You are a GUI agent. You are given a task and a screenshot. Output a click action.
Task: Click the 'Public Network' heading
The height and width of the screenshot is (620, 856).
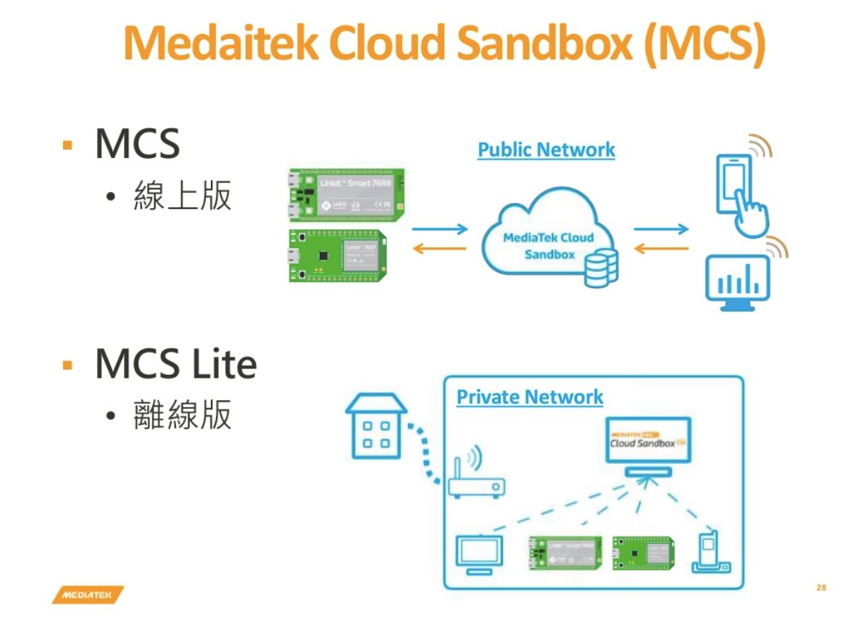pos(546,150)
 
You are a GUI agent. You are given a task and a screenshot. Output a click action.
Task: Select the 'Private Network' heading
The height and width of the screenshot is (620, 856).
pos(529,397)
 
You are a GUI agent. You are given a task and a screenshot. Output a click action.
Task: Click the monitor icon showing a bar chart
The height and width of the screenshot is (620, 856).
pos(738,284)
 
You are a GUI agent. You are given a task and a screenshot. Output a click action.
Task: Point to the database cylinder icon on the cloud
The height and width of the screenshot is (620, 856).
pos(601,266)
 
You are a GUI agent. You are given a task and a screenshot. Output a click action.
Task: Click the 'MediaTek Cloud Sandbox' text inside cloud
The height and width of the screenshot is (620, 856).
pos(549,246)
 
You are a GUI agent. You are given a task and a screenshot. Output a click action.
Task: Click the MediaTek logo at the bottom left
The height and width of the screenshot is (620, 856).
pos(87,595)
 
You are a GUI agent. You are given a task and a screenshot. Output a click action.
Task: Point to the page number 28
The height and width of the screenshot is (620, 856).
pos(820,587)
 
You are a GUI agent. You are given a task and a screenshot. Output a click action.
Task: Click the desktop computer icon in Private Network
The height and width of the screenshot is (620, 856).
pos(477,555)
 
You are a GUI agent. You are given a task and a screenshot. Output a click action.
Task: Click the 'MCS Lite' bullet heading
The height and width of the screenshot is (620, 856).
pos(175,364)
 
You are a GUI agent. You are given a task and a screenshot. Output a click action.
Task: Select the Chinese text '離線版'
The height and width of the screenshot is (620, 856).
pos(182,416)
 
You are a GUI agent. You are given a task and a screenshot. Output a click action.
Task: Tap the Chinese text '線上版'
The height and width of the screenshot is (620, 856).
pos(182,196)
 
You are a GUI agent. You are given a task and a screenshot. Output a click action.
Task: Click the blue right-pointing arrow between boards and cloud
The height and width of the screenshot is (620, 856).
pos(440,230)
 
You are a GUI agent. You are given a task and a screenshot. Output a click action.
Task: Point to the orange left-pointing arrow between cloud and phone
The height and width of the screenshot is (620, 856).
pos(661,249)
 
